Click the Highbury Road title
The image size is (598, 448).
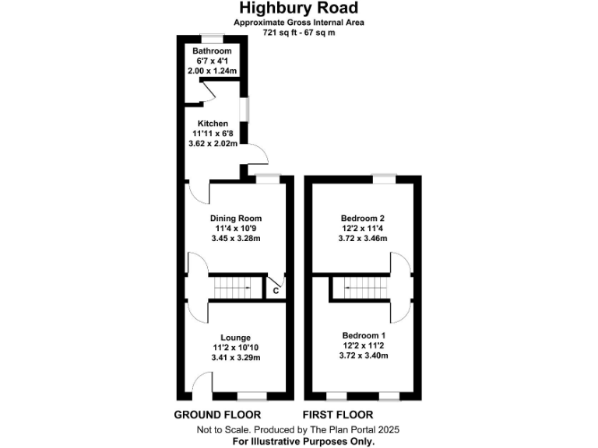(x=299, y=9)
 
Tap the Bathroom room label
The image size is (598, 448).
(x=213, y=51)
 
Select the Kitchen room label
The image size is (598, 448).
(x=213, y=124)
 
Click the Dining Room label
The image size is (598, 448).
(x=235, y=218)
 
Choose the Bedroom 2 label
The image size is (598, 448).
(x=364, y=218)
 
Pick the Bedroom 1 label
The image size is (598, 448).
(x=364, y=335)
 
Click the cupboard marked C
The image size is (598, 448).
(x=275, y=290)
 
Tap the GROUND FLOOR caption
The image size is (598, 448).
(x=217, y=415)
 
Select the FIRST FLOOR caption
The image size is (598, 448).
(x=338, y=415)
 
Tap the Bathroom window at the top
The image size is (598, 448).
(x=213, y=36)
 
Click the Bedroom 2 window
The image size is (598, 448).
(x=382, y=178)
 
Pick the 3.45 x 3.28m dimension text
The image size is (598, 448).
(x=235, y=238)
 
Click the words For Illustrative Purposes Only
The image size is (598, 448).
(x=299, y=441)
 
